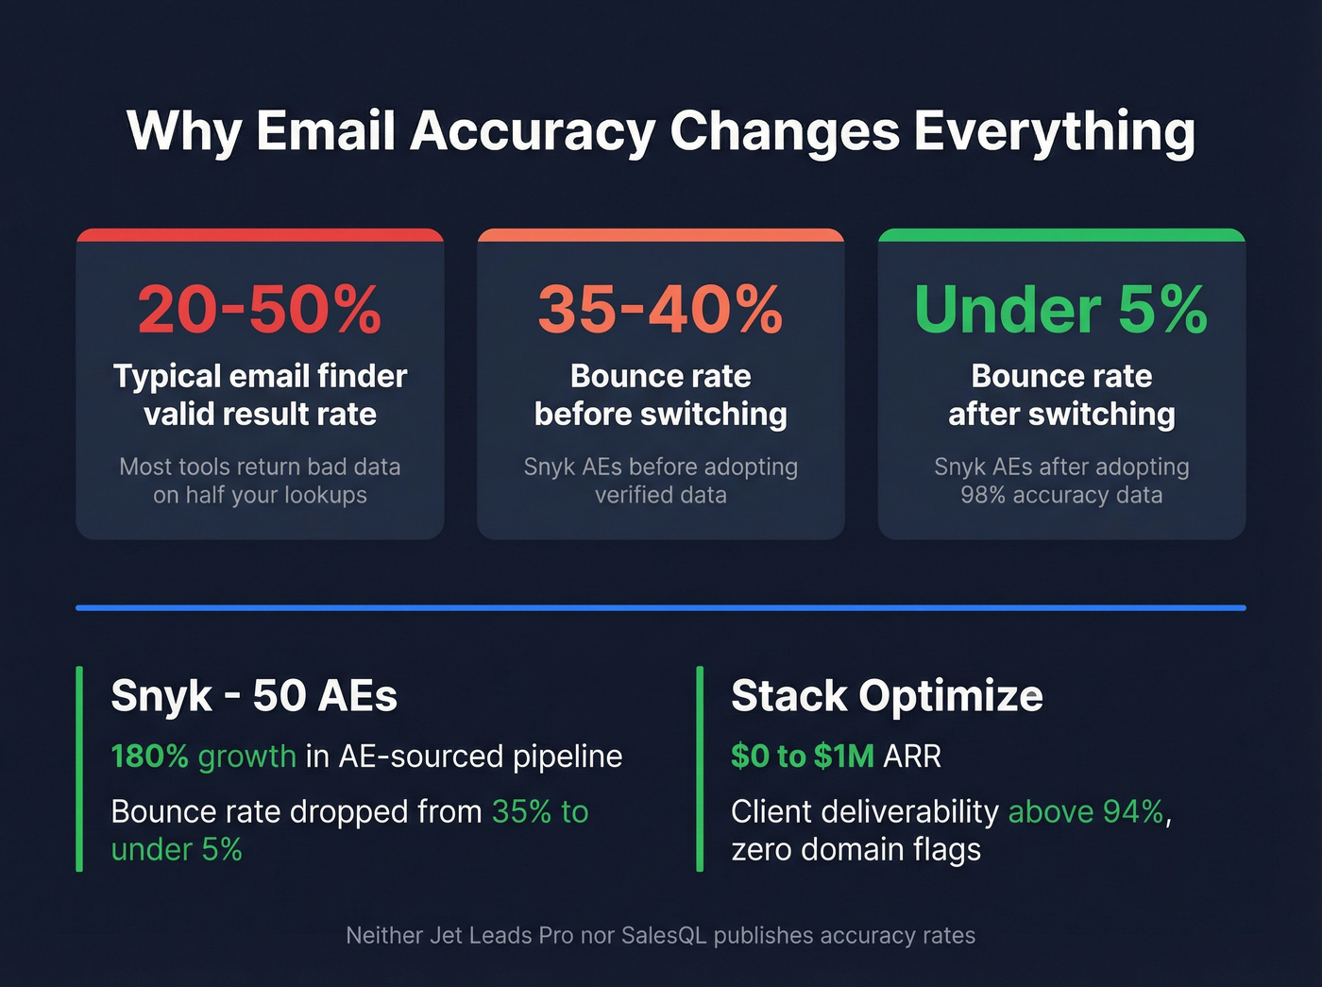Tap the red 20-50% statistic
[260, 309]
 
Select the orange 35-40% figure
[661, 309]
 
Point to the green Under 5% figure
[1061, 309]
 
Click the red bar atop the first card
[260, 234]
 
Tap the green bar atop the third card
[1061, 234]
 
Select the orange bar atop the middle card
[661, 234]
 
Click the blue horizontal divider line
[661, 607]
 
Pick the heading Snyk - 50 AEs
[254, 696]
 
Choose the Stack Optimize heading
[887, 696]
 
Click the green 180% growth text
[203, 757]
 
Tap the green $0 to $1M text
[803, 757]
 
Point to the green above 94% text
[1086, 812]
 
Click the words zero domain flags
[856, 850]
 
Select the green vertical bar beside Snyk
[79, 768]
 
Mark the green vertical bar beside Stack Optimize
[700, 768]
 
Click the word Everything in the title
[1054, 131]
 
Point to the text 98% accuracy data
[1061, 495]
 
